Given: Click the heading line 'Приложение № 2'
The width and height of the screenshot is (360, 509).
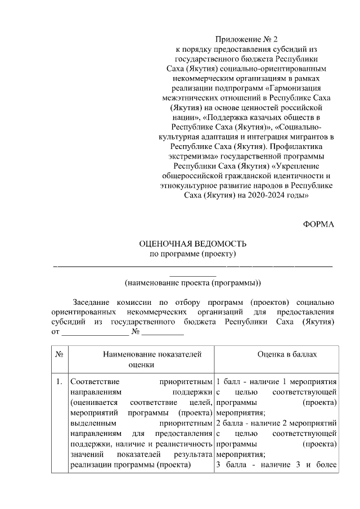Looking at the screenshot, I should [247, 39].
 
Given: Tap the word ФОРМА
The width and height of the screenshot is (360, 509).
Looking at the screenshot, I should [319, 224].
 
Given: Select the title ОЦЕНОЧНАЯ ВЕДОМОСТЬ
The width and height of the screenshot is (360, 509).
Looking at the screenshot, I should [193, 244].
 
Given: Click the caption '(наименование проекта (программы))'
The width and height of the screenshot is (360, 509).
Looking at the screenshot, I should [192, 282].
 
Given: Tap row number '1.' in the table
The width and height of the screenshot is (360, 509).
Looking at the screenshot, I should [59, 382].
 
